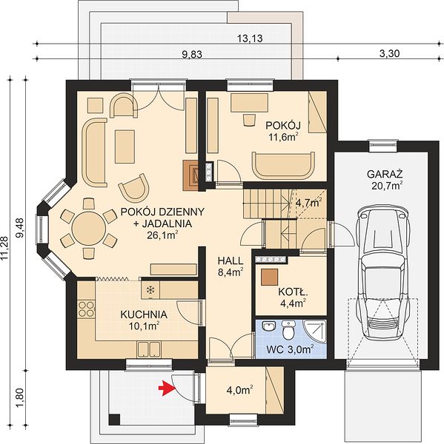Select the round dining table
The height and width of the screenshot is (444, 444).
pos(89,229)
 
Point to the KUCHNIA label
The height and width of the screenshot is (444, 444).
pos(144,314)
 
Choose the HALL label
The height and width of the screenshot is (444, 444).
pos(231,260)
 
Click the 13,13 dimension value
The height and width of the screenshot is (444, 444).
pos(250,38)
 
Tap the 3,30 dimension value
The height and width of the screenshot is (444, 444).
pos(390,53)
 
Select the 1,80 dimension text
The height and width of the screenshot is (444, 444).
pos(21,397)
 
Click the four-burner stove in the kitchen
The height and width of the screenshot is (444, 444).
pos(86,309)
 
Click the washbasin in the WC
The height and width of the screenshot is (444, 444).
pos(268,326)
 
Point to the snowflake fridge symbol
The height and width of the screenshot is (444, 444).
pos(150,289)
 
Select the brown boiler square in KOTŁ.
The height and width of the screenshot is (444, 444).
pos(269,277)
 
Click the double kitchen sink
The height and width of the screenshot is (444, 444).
pos(149,349)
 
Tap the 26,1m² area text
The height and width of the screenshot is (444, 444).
pos(162,235)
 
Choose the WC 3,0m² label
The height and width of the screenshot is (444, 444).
pos(290,349)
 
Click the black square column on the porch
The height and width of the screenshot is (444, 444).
pos(114,420)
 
